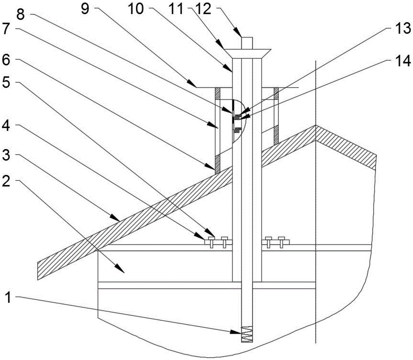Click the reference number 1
coord(8,298)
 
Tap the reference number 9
coord(85,9)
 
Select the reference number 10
coord(136,9)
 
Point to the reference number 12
coord(204,9)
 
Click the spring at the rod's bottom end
coord(247,334)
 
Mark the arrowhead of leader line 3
coord(115,217)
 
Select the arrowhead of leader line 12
coord(238,33)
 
